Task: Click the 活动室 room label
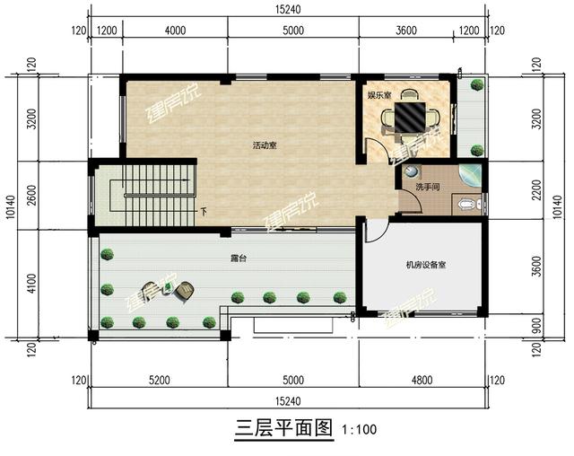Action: [x=264, y=145]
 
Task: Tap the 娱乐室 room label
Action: [x=378, y=93]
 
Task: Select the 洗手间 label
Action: [x=427, y=187]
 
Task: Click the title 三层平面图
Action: [x=285, y=427]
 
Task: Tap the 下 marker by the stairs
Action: [x=203, y=213]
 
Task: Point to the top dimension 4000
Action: [x=176, y=30]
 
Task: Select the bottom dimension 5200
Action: [x=159, y=381]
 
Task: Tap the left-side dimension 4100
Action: [x=31, y=284]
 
